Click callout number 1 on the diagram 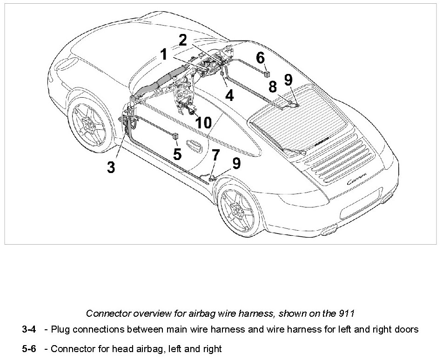(x=163, y=55)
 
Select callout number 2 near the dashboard (x=183, y=40)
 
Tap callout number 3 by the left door (x=111, y=167)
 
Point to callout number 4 (x=229, y=95)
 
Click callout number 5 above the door (x=177, y=153)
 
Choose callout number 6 (x=260, y=58)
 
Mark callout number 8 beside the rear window (x=273, y=87)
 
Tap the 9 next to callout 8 (x=289, y=80)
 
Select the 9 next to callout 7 (x=237, y=163)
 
